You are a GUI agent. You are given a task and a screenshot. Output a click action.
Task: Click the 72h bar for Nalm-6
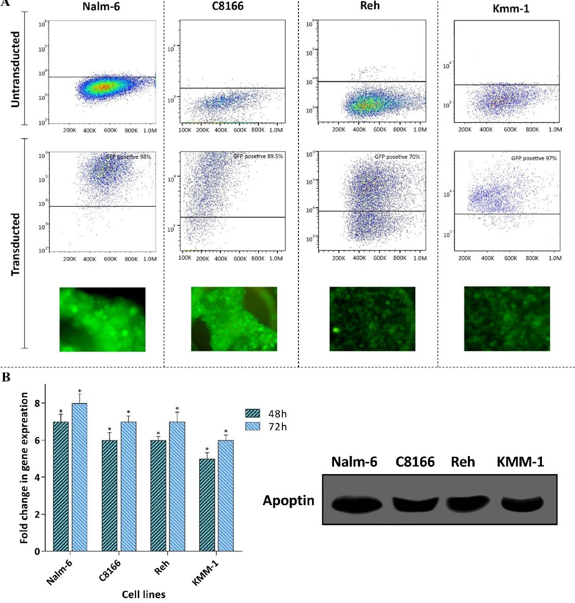tap(79, 477)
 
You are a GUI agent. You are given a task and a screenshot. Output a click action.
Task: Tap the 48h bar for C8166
tap(110, 495)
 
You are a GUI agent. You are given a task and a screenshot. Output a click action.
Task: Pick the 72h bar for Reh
tap(177, 486)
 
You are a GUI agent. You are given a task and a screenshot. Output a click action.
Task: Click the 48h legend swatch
tap(253, 414)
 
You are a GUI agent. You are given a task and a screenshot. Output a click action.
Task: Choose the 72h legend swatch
tap(253, 427)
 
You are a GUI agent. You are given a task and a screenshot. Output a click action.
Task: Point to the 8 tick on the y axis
tap(37, 403)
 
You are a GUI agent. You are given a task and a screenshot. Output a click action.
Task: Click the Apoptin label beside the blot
tap(288, 500)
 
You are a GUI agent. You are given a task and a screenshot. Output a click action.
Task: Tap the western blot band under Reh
tap(467, 504)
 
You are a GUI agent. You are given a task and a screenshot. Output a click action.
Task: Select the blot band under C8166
tap(415, 504)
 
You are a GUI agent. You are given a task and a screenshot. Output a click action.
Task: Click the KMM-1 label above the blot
tap(520, 462)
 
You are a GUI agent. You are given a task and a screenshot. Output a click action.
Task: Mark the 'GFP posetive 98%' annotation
tap(128, 157)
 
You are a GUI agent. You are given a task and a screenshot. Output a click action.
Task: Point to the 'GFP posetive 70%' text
tap(397, 157)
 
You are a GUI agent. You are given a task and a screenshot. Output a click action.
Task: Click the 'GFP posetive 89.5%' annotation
tap(258, 156)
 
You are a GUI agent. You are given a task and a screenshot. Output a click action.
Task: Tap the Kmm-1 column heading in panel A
tap(511, 8)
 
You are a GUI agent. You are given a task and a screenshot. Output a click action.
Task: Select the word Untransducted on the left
tap(16, 70)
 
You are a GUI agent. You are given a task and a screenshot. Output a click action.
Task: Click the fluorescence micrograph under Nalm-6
tap(102, 319)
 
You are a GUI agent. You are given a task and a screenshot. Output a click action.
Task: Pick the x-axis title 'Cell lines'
tap(144, 594)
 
